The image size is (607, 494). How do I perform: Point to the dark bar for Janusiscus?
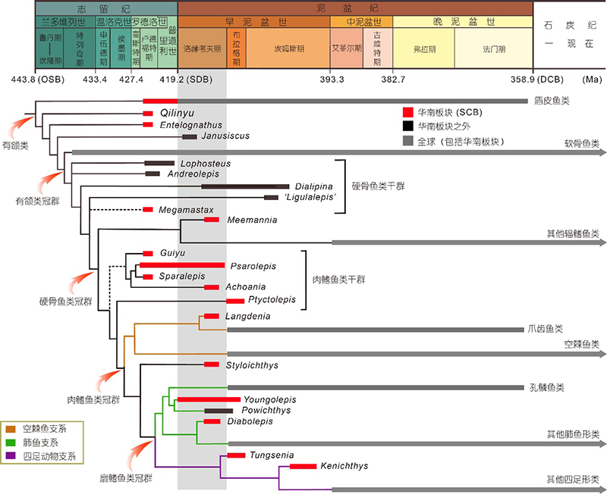[x=189, y=136]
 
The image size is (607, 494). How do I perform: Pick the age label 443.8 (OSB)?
[x=34, y=79]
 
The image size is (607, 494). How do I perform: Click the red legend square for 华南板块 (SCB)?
[x=408, y=112]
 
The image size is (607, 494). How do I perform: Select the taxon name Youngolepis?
[x=270, y=399]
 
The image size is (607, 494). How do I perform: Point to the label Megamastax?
[x=187, y=209]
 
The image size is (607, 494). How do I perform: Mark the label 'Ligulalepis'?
[x=311, y=198]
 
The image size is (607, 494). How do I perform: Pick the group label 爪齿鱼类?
[x=546, y=330]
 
